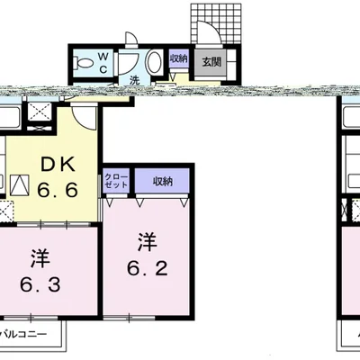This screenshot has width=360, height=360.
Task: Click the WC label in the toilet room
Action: (103, 62)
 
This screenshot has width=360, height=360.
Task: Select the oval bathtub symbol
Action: (154, 62)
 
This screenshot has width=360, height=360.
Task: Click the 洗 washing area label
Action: (135, 80)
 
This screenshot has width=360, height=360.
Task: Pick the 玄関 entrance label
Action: (211, 62)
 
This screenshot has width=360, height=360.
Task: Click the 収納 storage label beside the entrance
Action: (179, 58)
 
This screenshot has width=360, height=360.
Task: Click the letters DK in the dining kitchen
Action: (58, 165)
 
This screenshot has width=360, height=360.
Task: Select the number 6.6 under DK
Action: (58, 190)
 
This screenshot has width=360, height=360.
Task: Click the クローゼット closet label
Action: (116, 182)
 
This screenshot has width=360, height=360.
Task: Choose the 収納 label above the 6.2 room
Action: (163, 181)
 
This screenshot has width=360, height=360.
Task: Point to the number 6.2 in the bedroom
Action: (147, 268)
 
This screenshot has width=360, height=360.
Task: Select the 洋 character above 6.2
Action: (148, 244)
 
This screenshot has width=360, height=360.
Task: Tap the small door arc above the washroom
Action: (131, 38)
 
